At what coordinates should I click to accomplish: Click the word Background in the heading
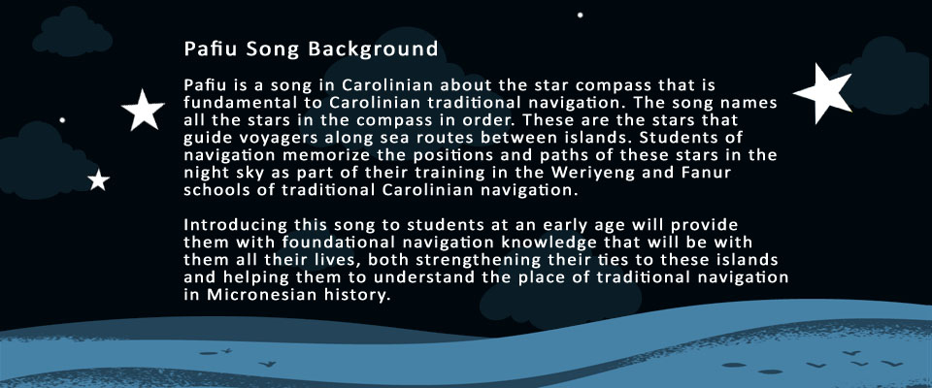[x=373, y=49]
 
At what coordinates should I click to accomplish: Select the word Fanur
[x=706, y=173]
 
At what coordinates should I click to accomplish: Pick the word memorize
[x=321, y=155]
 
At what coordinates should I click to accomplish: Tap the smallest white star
[x=99, y=180]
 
